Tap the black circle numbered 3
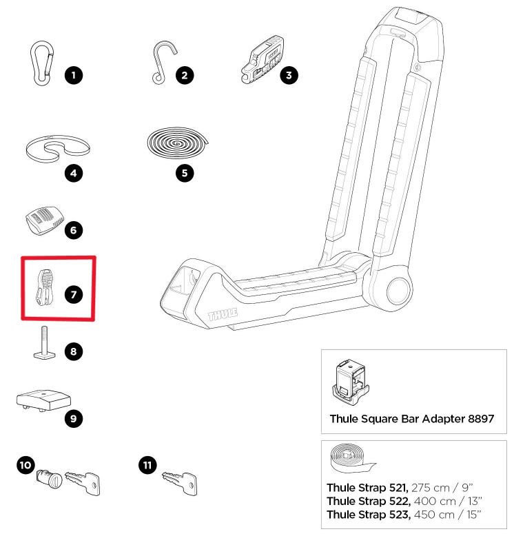(x=290, y=75)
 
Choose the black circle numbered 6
(x=74, y=230)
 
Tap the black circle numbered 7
(x=73, y=294)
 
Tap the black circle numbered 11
(x=147, y=465)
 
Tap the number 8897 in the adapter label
(x=479, y=418)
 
